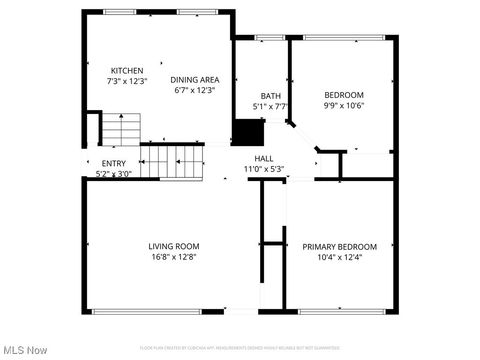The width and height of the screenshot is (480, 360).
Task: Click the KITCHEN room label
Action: click(x=127, y=70)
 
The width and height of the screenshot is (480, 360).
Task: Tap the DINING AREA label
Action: click(x=195, y=79)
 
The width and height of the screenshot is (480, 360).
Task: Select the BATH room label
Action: click(x=271, y=96)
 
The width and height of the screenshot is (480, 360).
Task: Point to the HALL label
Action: click(x=264, y=158)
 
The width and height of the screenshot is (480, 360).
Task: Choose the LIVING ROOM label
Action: click(x=174, y=246)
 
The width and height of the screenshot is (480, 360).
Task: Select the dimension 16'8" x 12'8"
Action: click(x=174, y=256)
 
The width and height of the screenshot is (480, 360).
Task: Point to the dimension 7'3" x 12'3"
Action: click(x=127, y=81)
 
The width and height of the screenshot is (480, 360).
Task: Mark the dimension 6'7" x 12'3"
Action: click(x=195, y=90)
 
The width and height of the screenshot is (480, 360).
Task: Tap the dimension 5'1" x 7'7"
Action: click(x=271, y=107)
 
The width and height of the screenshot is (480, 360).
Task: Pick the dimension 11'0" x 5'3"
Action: click(x=264, y=168)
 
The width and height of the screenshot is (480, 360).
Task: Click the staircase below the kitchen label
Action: click(x=122, y=129)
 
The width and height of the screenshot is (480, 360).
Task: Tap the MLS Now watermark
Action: click(x=26, y=350)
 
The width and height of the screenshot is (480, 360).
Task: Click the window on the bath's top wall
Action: click(x=270, y=38)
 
